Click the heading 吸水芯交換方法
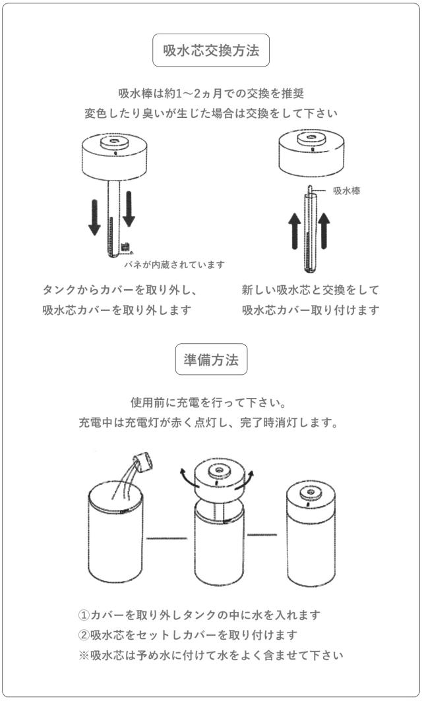pyautogui.click(x=211, y=50)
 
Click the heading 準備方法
pyautogui.click(x=211, y=360)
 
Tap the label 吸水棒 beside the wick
pyautogui.click(x=346, y=191)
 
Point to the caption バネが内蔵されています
pyautogui.click(x=175, y=264)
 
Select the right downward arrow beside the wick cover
pyautogui.click(x=129, y=208)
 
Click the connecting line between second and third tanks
pyautogui.click(x=261, y=534)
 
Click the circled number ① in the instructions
pyautogui.click(x=84, y=615)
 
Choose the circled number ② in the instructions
pyautogui.click(x=84, y=635)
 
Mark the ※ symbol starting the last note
pyautogui.click(x=84, y=656)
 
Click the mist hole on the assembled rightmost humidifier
pyautogui.click(x=310, y=491)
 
